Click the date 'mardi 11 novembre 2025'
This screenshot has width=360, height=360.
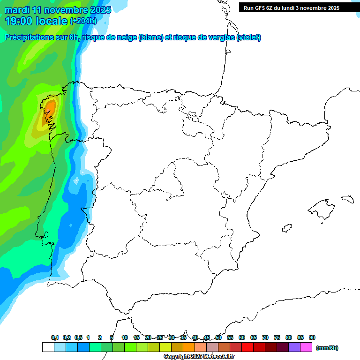click(58, 10)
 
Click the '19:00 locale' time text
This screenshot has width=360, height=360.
click(37, 21)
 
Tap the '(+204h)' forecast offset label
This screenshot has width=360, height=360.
click(83, 21)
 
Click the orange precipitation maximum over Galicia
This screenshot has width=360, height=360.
click(49, 109)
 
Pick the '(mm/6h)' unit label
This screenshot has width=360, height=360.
click(327, 348)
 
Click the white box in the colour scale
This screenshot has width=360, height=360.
click(48, 347)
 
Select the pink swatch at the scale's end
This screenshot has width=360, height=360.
click(306, 347)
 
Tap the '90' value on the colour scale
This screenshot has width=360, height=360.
click(312, 338)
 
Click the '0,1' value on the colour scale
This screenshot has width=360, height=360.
click(55, 338)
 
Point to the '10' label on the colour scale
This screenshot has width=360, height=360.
click(125, 338)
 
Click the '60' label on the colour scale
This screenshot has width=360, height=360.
click(242, 338)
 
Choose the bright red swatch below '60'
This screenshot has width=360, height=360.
click(247, 347)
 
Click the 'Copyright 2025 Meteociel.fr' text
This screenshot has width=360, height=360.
click(199, 357)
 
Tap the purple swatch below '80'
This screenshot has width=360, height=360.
click(294, 347)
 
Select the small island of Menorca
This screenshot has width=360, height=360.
click(348, 199)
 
